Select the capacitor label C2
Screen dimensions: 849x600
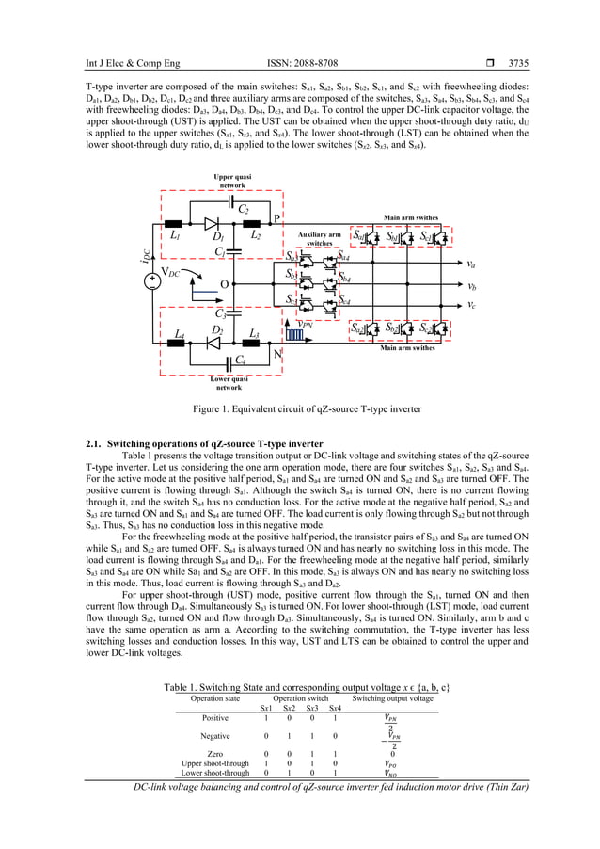tap(243, 209)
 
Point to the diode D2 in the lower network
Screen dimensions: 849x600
tap(214, 343)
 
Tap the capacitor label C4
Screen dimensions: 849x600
tap(242, 360)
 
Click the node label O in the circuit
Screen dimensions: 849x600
tap(223, 283)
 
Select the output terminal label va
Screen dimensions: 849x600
tap(470, 264)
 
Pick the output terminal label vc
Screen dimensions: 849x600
tap(470, 305)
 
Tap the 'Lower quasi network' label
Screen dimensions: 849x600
tap(229, 382)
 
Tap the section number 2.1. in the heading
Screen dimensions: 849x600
tap(94, 443)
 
